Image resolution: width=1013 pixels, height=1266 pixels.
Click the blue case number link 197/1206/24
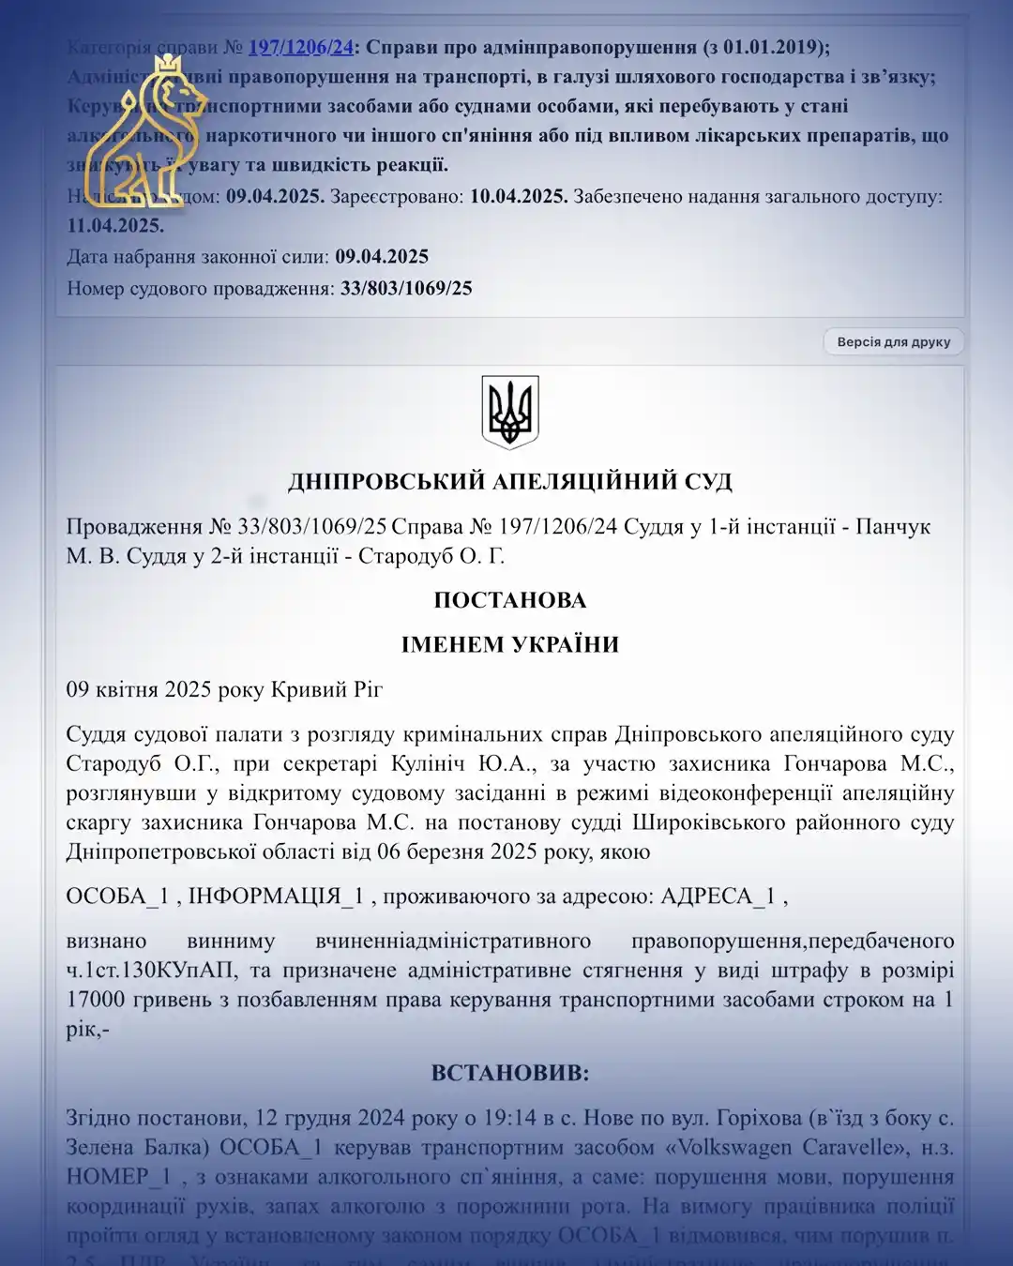[300, 47]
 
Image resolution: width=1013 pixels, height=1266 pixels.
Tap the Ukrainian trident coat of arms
[509, 412]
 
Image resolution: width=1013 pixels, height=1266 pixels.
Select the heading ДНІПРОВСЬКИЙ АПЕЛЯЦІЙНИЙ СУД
[509, 482]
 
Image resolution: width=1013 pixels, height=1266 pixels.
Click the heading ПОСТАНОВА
[509, 600]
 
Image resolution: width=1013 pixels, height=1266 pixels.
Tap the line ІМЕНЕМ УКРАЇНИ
[509, 644]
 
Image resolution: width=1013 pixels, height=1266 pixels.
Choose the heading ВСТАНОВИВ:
[509, 1073]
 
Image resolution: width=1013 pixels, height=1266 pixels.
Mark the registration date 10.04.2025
[518, 197]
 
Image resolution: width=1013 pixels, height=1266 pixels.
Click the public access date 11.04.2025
[114, 226]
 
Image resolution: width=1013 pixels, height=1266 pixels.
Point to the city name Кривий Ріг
[326, 690]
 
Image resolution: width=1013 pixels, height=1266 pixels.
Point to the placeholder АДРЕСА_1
[718, 897]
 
